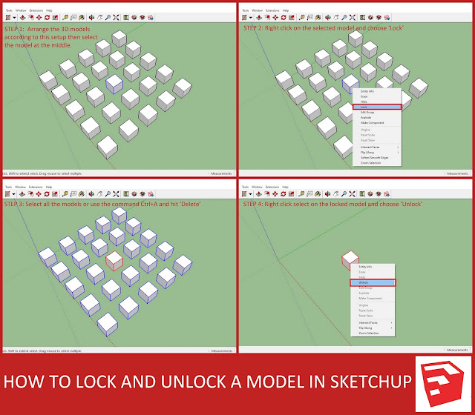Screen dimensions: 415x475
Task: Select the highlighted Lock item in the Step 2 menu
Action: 376,107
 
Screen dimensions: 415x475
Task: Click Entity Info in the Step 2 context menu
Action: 367,91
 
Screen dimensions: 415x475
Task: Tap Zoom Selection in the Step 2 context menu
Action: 371,162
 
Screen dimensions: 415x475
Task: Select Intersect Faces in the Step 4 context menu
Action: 369,322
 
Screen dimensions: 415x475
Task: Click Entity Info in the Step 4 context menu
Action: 366,267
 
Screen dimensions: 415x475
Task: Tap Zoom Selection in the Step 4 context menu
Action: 369,333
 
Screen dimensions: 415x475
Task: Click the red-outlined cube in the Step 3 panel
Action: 114,261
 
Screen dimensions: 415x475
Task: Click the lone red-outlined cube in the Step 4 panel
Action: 350,261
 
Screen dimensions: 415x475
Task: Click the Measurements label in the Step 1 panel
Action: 222,173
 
